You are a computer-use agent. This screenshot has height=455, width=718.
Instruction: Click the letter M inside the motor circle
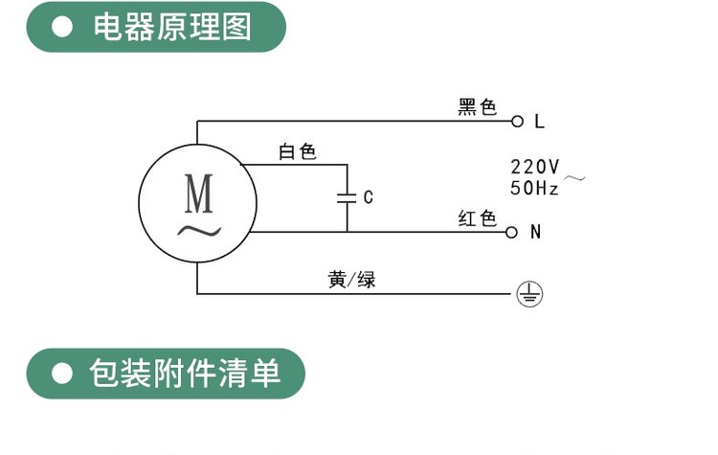tap(199, 195)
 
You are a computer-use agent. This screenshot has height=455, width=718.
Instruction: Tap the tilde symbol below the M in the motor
tap(197, 230)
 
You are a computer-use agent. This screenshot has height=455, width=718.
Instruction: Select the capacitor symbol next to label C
tap(347, 198)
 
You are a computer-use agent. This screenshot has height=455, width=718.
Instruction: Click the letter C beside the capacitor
tap(368, 198)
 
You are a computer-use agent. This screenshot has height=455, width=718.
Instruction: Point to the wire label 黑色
tap(478, 107)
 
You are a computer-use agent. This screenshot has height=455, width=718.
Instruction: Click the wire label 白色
tap(297, 151)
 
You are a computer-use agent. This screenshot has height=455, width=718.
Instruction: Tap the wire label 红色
tap(478, 218)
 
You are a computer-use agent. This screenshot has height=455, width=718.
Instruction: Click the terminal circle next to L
tap(518, 122)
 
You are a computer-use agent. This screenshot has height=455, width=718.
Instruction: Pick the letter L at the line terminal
tap(539, 122)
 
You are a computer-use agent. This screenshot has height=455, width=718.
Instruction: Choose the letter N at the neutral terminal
tap(535, 232)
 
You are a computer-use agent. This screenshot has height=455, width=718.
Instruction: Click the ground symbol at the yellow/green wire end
tap(529, 294)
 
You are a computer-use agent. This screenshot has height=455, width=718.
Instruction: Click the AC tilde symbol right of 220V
tap(573, 177)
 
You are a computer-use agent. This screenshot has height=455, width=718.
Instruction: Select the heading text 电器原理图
tap(172, 27)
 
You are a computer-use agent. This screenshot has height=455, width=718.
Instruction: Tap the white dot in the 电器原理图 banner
tap(63, 28)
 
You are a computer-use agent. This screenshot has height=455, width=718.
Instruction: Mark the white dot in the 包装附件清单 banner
tap(63, 374)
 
